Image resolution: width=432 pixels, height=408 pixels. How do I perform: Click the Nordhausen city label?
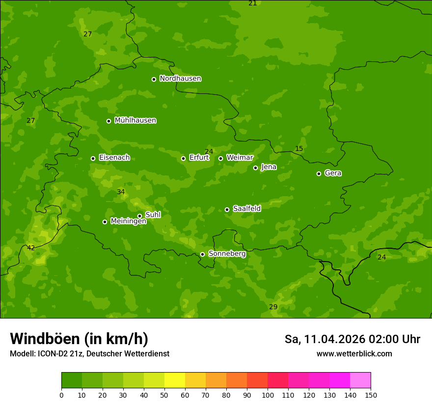180,79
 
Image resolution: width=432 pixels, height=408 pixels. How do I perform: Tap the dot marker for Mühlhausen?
108,121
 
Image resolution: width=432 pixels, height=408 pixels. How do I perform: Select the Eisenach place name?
114,158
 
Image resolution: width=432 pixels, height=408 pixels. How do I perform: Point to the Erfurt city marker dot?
183,158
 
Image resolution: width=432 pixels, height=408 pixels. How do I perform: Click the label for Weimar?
240,158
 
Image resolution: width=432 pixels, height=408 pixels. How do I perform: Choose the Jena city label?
269,167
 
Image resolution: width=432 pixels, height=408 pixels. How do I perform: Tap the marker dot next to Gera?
319,174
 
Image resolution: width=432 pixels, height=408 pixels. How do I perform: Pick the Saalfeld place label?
246,209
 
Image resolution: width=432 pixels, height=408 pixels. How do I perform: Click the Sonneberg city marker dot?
202,254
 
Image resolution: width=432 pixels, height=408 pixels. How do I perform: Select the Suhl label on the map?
153,215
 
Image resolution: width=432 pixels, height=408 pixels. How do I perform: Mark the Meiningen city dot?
105,222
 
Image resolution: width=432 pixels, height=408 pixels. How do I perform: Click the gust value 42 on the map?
31,248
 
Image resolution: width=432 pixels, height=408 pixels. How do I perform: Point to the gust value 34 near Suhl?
121,192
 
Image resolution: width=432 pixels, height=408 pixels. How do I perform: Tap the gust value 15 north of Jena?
299,149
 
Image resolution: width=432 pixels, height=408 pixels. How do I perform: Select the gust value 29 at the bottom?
273,307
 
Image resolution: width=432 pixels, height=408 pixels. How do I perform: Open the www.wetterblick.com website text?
354,354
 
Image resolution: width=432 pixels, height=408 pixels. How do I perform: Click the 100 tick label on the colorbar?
268,395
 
